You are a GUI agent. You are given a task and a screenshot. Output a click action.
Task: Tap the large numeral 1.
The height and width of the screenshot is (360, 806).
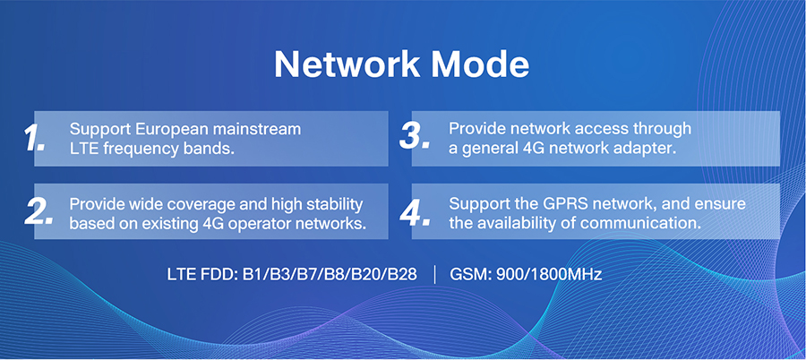[x=34, y=138]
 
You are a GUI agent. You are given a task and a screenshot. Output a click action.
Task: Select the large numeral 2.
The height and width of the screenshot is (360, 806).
[x=39, y=211]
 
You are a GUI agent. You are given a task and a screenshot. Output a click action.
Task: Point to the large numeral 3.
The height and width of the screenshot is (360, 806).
[x=415, y=136]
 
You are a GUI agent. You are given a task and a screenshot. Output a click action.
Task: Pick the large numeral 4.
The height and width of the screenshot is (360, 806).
[x=415, y=211]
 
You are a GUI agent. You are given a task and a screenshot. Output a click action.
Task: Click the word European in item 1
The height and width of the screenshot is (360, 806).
[x=165, y=130]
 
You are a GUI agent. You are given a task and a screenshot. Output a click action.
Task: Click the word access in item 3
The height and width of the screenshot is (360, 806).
[x=579, y=130]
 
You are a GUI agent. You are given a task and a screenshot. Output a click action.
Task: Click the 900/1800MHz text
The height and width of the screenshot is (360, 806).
[x=548, y=274]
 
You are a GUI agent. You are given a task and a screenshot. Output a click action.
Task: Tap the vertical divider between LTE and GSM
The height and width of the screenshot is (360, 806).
[x=435, y=275]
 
